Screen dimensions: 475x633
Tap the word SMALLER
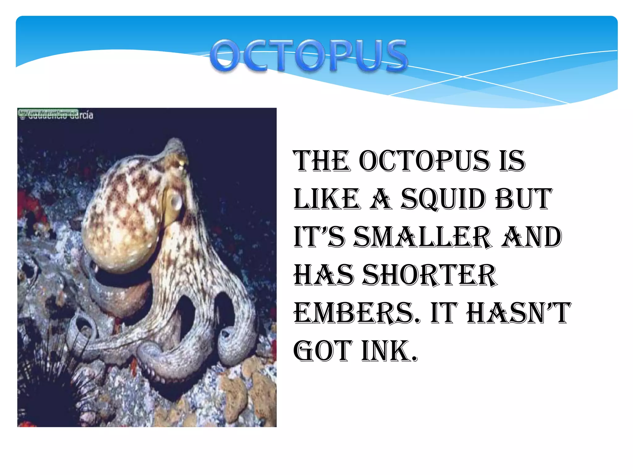[x=422, y=237]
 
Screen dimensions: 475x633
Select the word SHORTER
[x=430, y=275]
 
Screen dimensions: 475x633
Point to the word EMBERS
[x=357, y=313]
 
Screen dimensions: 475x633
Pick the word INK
[x=389, y=351]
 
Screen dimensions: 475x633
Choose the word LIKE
[x=327, y=199]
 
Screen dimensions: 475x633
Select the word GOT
[x=323, y=351]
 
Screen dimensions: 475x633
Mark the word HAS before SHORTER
[x=324, y=275]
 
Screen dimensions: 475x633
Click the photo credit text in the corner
[x=56, y=114]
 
